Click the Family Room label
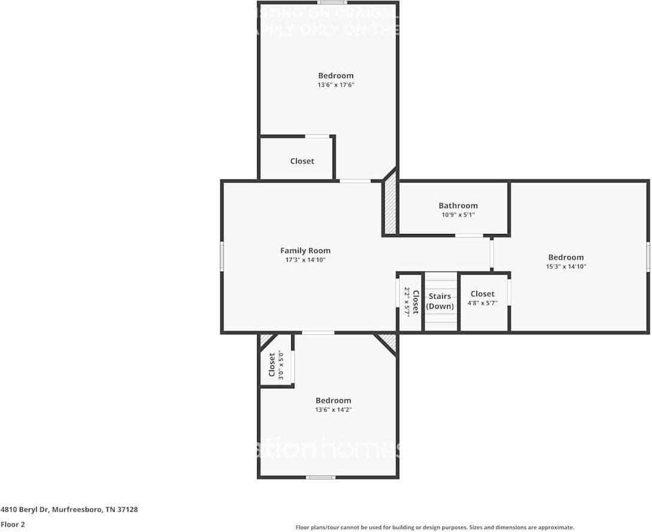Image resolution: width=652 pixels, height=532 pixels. tap(305, 251)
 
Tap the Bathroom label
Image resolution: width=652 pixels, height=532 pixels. tap(458, 205)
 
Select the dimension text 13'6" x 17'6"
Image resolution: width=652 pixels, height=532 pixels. tap(336, 85)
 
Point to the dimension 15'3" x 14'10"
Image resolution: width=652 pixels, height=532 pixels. tap(566, 267)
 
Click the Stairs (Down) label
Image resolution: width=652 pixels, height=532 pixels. tap(440, 301)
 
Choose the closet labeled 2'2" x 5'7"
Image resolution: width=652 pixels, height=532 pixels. tap(411, 301)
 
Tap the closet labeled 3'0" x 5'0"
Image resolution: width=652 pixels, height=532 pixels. tap(276, 364)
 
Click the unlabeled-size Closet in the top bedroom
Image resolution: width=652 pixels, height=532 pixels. tap(302, 161)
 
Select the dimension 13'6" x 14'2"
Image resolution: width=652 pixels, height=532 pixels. tap(333, 410)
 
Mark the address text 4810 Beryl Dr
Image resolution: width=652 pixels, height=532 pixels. tap(69, 510)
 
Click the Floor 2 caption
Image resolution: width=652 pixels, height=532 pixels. tap(13, 524)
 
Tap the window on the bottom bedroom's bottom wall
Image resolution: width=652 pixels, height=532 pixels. tap(320, 477)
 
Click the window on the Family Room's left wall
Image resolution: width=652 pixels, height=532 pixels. tap(222, 256)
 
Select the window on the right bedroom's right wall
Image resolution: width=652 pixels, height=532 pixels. tap(648, 257)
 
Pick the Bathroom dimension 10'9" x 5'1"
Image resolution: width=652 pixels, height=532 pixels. tap(458, 214)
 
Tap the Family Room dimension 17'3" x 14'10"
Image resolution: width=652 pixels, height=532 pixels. tap(305, 260)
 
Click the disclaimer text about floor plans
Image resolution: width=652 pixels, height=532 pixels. tap(434, 527)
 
